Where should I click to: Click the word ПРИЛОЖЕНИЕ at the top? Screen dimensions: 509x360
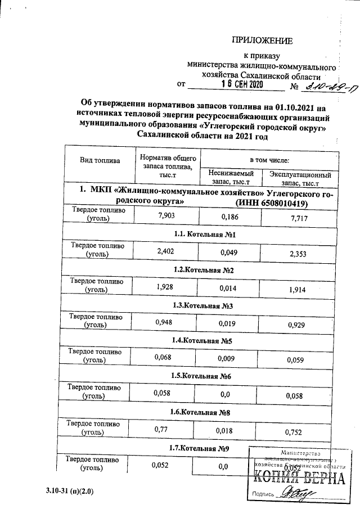(263, 40)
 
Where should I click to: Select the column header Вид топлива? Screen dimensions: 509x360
(100, 160)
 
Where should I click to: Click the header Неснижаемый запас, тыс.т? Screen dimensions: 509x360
(231, 178)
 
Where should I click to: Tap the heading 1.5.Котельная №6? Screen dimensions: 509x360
(202, 376)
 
